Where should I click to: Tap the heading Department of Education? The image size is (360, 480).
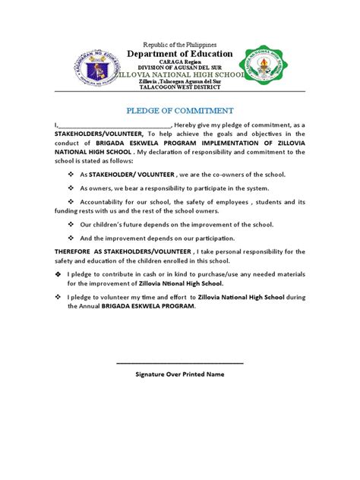coord(179,55)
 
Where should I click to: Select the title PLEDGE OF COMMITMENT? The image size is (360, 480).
coord(179,110)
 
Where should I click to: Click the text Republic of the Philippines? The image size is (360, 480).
coord(179,45)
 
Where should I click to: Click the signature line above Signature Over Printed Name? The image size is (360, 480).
coord(180,363)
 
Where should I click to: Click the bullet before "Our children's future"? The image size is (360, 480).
coord(71,225)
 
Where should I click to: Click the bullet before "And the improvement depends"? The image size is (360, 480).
coord(71,238)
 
